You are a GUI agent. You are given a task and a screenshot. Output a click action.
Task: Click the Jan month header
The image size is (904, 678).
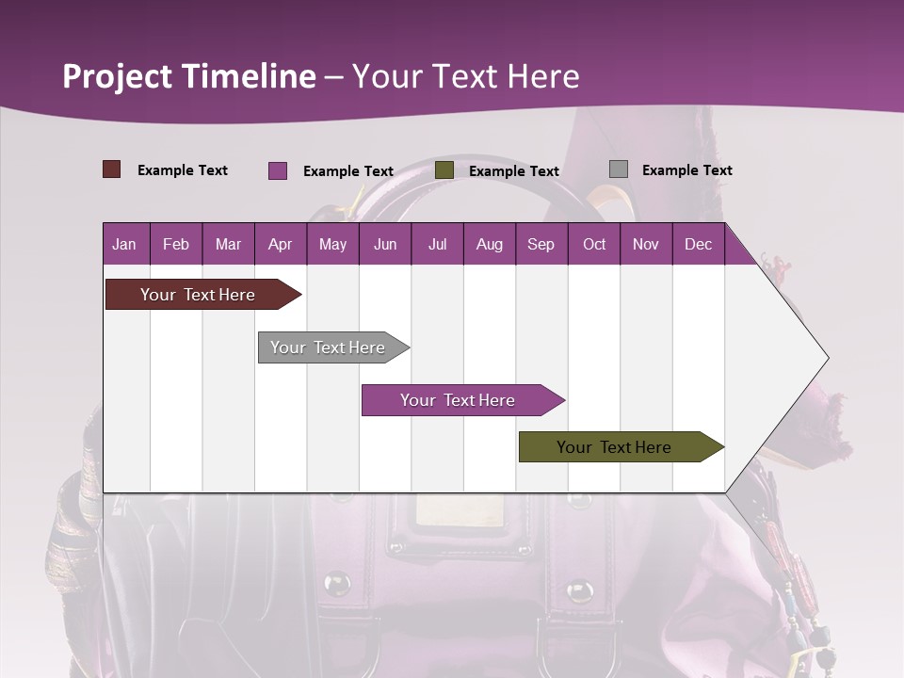pyautogui.click(x=124, y=244)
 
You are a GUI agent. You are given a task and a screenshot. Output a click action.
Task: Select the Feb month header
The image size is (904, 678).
pyautogui.click(x=176, y=244)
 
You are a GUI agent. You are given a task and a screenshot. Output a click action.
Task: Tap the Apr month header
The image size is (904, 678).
pyautogui.click(x=280, y=244)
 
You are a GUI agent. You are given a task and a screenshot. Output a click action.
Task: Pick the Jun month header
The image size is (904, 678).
pyautogui.click(x=385, y=244)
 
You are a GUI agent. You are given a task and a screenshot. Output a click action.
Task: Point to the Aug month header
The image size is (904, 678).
pyautogui.click(x=489, y=244)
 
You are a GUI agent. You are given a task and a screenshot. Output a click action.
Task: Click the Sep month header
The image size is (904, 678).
pyautogui.click(x=541, y=244)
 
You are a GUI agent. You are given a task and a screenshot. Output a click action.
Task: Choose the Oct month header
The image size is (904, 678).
pyautogui.click(x=594, y=244)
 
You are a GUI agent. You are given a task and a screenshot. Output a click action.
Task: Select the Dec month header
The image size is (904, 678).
pyautogui.click(x=698, y=244)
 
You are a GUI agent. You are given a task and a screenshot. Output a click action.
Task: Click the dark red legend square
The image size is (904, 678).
pyautogui.click(x=112, y=169)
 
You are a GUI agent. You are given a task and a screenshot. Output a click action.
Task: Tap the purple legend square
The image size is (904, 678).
pyautogui.click(x=278, y=170)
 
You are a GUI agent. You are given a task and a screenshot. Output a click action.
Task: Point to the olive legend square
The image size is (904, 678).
pyautogui.click(x=444, y=170)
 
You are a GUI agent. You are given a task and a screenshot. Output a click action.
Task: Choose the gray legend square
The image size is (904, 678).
pyautogui.click(x=619, y=169)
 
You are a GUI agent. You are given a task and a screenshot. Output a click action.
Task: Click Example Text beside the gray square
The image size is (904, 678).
pyautogui.click(x=686, y=170)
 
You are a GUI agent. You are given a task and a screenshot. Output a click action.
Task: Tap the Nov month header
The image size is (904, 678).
pyautogui.click(x=645, y=244)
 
